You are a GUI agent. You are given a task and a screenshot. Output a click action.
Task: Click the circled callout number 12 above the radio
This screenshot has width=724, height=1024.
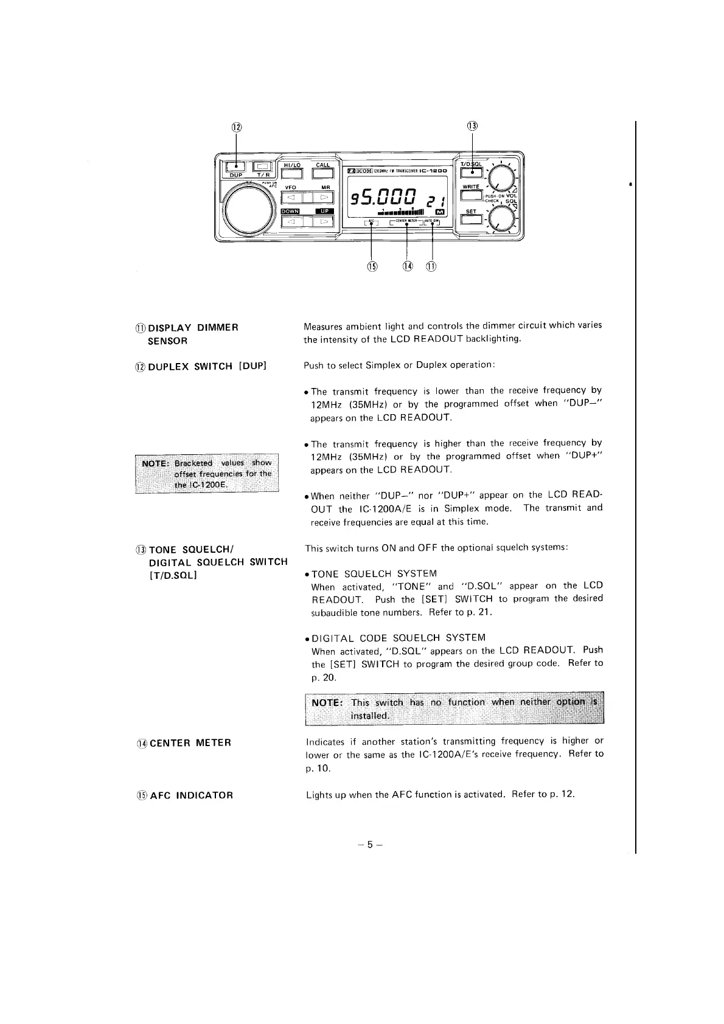[236, 127]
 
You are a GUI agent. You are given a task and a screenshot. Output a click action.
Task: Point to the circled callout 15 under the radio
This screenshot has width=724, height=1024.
[372, 266]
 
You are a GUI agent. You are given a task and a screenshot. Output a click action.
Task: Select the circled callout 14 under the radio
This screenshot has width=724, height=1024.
[407, 266]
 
